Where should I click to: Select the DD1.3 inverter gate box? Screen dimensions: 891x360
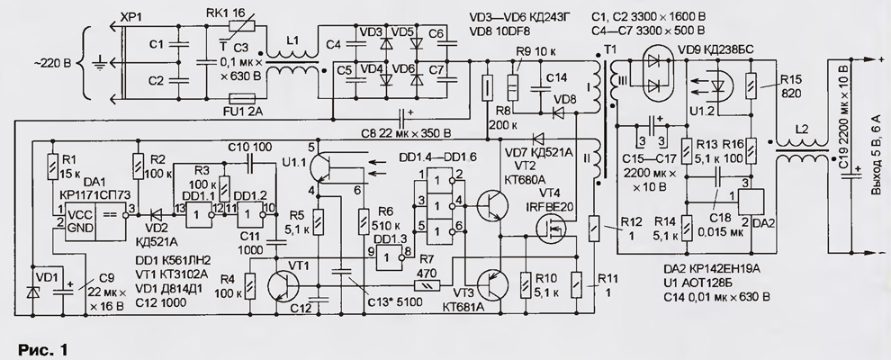389,257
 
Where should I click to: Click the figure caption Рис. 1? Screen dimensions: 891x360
42,350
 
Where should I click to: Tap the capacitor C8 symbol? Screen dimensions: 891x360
403,118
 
